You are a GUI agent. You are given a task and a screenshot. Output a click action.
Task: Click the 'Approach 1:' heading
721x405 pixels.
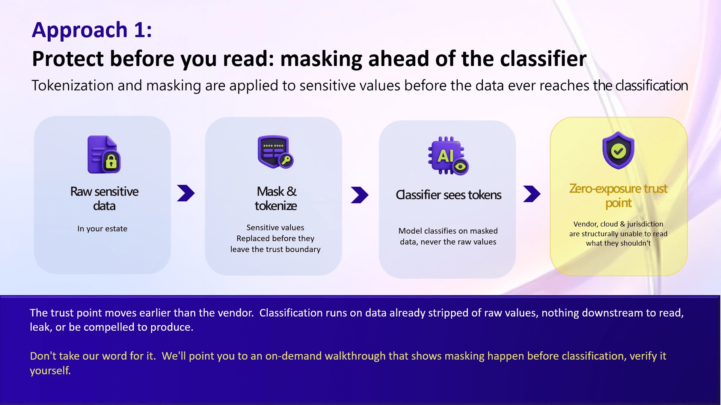92,30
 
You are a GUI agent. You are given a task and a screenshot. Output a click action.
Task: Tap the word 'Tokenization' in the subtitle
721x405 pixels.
73,85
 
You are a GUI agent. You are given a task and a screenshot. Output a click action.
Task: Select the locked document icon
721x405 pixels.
104,154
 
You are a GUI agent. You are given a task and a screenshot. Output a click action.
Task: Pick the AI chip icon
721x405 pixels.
448,156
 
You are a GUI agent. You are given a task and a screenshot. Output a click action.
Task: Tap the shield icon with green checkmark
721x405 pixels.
618,150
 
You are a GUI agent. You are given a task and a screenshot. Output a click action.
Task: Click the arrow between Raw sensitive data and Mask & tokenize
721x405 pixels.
186,193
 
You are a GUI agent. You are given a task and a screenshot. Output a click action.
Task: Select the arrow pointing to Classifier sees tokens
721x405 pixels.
360,195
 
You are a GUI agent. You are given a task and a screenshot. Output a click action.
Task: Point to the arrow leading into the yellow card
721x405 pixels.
532,194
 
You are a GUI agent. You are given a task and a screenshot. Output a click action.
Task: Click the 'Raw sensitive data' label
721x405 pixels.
104,198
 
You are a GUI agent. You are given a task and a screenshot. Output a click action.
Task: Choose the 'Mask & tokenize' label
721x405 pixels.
276,198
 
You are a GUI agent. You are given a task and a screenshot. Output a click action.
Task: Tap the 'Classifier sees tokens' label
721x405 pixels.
448,195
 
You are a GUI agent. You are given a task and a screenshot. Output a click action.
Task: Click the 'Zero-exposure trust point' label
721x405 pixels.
618,195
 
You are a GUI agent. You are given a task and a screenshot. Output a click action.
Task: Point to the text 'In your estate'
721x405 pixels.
102,229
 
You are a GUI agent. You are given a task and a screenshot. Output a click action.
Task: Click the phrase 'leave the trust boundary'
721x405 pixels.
275,249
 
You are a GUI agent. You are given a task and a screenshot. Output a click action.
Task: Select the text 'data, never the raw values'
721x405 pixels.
448,242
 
